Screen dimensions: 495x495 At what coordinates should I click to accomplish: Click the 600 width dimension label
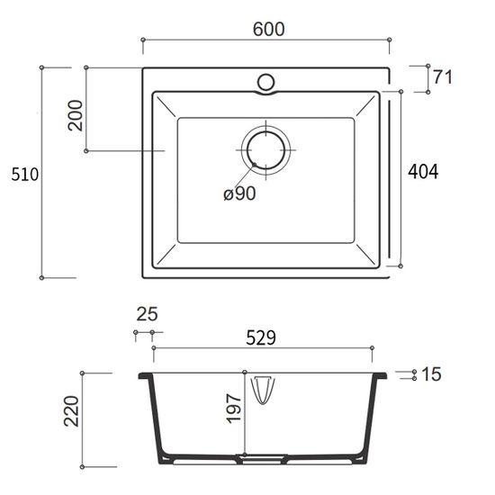[269, 29]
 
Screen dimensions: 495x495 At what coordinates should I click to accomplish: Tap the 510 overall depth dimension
[24, 175]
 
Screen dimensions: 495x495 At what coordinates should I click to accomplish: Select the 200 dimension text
[75, 115]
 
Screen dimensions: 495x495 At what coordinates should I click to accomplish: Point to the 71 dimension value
[443, 77]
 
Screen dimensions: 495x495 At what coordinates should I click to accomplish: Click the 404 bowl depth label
[423, 172]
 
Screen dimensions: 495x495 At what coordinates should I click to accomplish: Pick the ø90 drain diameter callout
[239, 193]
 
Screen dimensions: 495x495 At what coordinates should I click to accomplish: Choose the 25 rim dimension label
[147, 314]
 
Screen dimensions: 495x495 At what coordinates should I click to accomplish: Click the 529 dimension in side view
[261, 337]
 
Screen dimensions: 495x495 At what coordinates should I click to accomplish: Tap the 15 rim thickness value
[431, 374]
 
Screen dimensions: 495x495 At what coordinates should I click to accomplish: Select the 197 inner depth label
[234, 409]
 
